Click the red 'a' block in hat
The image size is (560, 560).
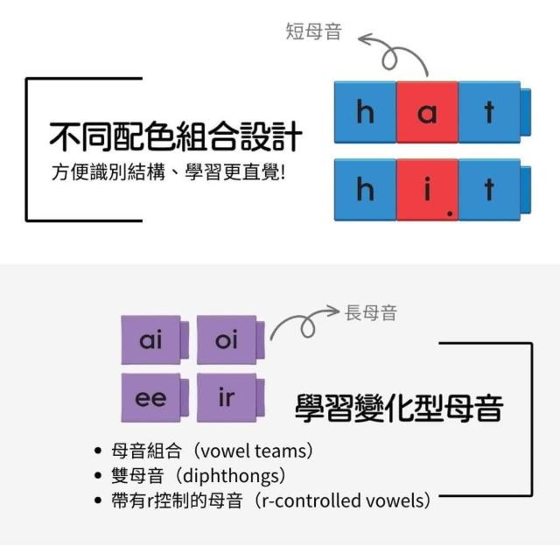(427, 113)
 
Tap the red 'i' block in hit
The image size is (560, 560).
(427, 188)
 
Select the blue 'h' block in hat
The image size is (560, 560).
(365, 113)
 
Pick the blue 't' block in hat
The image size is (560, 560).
(489, 113)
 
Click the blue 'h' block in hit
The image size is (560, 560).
(365, 188)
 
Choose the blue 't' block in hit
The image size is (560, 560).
(489, 188)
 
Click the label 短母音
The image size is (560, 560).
(313, 32)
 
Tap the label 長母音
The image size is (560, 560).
(371, 312)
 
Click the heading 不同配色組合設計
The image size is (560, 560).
(175, 137)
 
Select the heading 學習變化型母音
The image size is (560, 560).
(398, 409)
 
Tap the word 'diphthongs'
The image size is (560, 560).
(234, 476)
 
